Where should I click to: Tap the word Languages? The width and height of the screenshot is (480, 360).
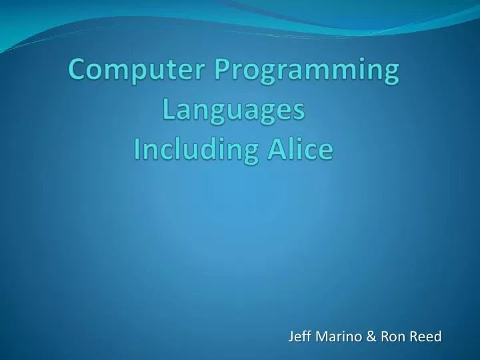pos(233,111)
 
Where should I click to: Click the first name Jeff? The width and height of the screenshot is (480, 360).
pos(299,337)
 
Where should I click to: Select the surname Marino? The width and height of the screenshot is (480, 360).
pos(337,337)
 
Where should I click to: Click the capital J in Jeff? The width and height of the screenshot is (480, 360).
pos(291,337)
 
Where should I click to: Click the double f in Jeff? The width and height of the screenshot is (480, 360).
pos(305,337)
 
